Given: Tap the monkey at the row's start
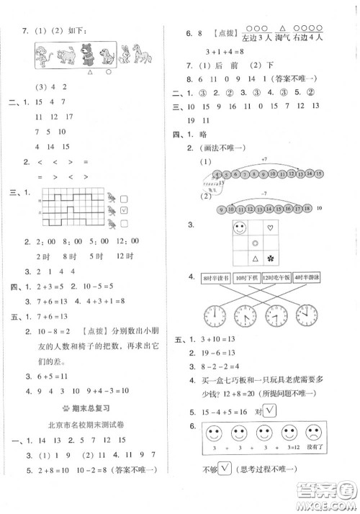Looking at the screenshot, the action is tap(44, 55).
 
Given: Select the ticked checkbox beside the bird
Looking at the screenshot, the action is tap(124, 210).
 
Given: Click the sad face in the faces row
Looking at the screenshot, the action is tap(313, 436).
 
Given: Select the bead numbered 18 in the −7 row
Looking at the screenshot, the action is tap(307, 209).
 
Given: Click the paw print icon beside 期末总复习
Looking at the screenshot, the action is tap(63, 405).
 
